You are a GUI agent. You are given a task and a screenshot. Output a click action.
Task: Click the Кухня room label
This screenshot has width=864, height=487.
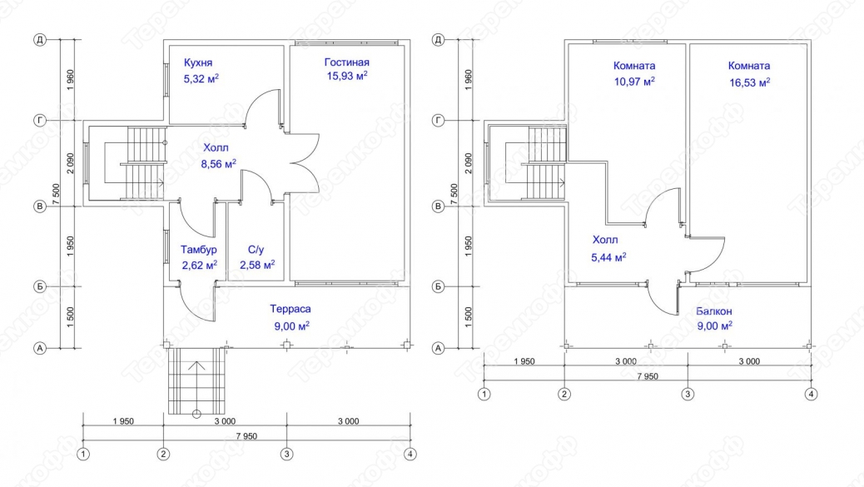[198, 62]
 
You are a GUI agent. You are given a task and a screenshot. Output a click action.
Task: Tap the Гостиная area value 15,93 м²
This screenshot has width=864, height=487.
[347, 76]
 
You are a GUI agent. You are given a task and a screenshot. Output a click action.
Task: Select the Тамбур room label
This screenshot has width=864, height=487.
[198, 250]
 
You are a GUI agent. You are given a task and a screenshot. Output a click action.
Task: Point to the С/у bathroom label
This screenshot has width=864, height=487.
[256, 250]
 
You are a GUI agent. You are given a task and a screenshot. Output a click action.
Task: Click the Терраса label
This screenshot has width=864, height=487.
[290, 309]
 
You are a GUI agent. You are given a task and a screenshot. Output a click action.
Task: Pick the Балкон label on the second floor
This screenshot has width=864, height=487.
[715, 311]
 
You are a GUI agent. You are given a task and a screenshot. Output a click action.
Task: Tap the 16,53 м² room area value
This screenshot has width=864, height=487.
[749, 82]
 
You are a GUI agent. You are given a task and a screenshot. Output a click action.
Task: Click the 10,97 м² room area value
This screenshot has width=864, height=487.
[634, 82]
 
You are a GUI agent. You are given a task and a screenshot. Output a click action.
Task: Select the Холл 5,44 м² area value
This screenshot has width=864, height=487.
[608, 257]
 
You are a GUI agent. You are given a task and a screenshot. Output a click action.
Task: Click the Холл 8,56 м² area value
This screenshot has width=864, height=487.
[219, 164]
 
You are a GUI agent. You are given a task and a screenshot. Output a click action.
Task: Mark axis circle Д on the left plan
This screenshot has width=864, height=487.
[40, 40]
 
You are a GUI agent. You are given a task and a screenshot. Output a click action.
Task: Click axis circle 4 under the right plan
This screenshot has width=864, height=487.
[811, 395]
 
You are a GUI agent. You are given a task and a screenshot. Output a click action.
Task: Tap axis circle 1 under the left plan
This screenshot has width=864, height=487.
[83, 455]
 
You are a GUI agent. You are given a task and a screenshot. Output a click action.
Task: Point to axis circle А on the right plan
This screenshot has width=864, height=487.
[438, 348]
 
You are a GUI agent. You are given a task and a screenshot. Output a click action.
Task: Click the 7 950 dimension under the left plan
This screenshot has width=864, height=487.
[246, 436]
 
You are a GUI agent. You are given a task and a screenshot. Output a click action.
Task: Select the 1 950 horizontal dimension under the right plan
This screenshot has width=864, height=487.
[524, 361]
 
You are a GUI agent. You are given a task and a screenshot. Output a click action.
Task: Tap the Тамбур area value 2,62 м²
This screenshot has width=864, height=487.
[200, 266]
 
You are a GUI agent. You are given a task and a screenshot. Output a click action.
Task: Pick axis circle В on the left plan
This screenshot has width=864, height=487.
[40, 206]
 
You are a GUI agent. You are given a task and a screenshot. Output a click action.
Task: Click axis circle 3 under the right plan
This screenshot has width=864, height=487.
[688, 395]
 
